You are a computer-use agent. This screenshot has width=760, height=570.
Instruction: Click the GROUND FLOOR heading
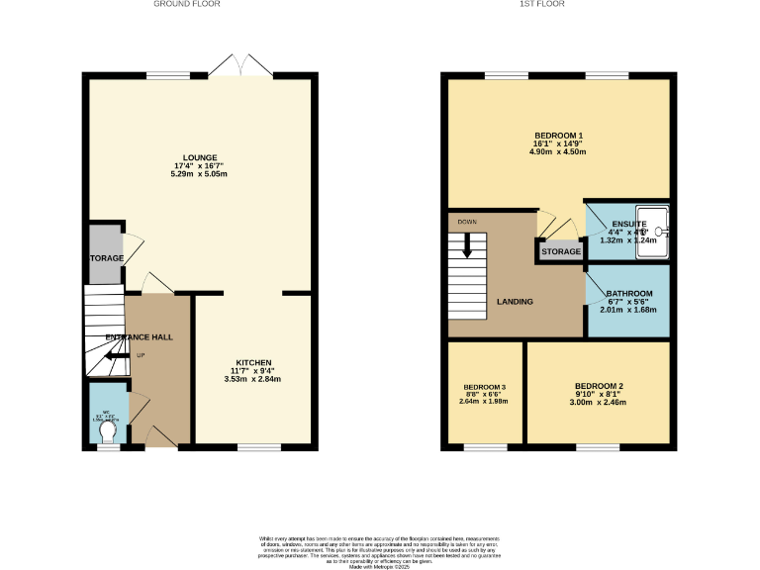(x=186, y=4)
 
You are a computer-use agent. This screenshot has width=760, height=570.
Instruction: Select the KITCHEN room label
(x=253, y=363)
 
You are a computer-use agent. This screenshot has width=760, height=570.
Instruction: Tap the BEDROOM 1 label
(x=558, y=135)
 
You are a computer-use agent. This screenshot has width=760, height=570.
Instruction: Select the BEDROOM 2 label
(x=598, y=385)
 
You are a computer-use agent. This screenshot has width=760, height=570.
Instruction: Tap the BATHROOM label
(x=629, y=294)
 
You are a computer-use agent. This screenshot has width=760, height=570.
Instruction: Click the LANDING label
(x=515, y=302)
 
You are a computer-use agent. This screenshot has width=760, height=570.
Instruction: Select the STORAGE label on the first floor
(x=561, y=252)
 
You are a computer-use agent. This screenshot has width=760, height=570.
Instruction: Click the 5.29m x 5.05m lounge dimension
(x=199, y=175)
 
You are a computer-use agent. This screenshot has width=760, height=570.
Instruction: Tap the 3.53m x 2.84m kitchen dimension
(x=253, y=379)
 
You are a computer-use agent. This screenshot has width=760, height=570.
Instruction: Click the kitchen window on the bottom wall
(x=258, y=447)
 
